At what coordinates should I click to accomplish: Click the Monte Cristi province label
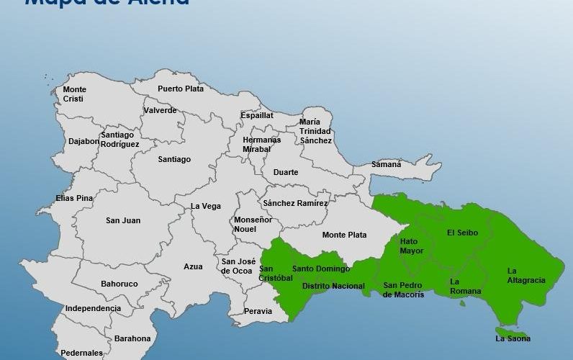[75, 94]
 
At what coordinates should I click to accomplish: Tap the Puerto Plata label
[181, 89]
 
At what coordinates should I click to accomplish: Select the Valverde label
[160, 110]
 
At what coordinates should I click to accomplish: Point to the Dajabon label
[84, 141]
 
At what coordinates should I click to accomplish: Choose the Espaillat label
[257, 114]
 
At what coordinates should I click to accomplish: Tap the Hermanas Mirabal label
[261, 144]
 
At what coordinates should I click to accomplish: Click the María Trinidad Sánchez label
[315, 131]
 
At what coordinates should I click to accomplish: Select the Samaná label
[387, 164]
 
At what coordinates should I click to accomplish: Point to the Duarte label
[285, 172]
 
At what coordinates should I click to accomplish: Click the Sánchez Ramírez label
[295, 203]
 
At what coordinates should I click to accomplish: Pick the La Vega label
[206, 206]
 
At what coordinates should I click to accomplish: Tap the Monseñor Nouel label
[250, 224]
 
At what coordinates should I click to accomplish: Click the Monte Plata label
[344, 235]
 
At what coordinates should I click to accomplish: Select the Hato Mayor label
[412, 246]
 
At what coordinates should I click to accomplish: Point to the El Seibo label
[462, 232]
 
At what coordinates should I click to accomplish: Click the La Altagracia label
[525, 275]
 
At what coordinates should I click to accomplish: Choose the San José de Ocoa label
[237, 266]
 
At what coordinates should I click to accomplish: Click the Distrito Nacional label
[333, 286]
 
